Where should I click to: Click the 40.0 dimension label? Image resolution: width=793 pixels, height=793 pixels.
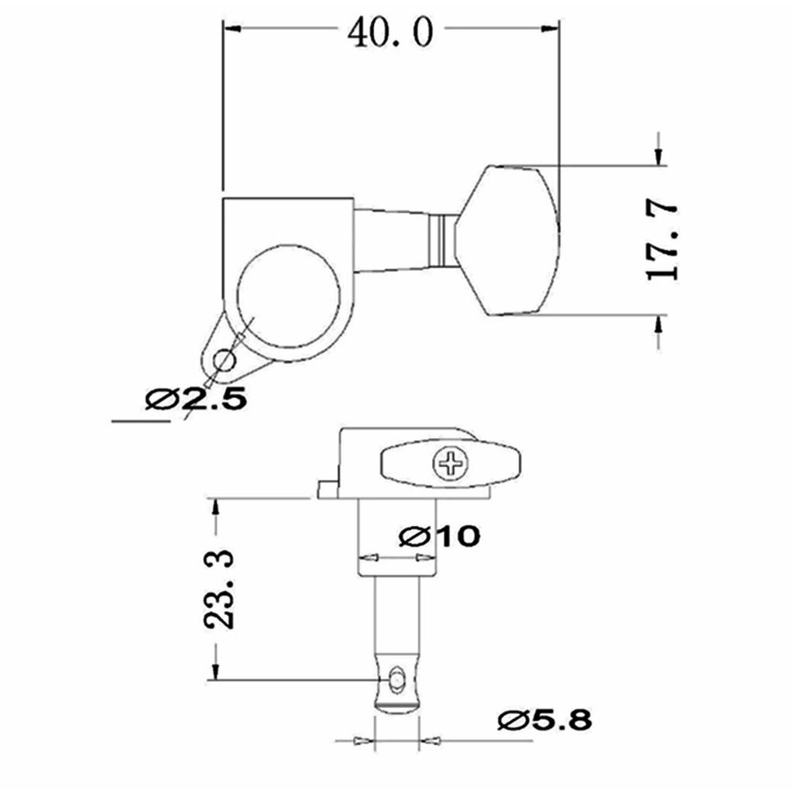(x=390, y=31)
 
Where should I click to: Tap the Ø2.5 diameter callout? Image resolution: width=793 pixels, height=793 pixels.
(x=196, y=399)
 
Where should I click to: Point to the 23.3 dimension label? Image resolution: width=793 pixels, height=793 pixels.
(x=219, y=589)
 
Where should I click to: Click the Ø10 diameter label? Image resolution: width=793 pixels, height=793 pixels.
(x=439, y=536)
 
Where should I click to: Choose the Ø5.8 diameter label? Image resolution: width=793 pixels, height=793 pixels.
(x=544, y=719)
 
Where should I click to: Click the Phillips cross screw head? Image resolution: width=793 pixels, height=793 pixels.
(x=451, y=463)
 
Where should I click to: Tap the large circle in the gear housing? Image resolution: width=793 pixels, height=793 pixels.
(x=289, y=297)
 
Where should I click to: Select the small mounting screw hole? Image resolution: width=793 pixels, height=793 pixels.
(x=224, y=361)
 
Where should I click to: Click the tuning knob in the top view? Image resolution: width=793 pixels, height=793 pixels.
(x=507, y=240)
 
